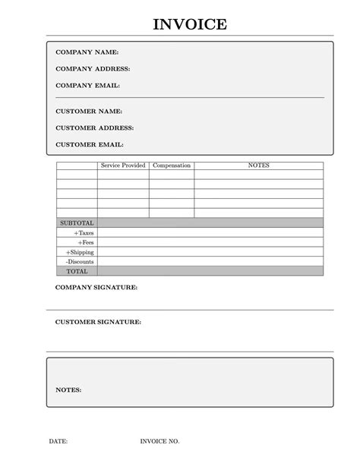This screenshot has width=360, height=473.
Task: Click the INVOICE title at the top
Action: (x=189, y=24)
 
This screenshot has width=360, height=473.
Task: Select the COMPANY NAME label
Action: (x=87, y=52)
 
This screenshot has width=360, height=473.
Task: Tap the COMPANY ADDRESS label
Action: (x=93, y=69)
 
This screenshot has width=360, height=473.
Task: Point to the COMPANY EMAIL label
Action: (x=88, y=86)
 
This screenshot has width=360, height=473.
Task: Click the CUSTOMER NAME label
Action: (x=89, y=112)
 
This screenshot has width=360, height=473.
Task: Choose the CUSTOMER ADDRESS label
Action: (x=95, y=128)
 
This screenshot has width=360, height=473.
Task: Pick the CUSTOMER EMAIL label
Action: (x=90, y=144)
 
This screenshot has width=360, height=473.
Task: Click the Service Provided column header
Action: (x=123, y=166)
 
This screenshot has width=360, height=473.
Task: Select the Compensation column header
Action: (x=172, y=166)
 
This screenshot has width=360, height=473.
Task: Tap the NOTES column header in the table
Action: (x=259, y=166)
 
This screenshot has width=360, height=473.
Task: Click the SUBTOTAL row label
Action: (x=77, y=223)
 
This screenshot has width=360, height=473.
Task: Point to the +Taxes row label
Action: (x=82, y=233)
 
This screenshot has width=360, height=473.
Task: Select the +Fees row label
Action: (x=85, y=242)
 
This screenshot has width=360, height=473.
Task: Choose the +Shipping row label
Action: (x=80, y=252)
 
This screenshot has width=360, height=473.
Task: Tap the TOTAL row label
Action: (x=77, y=271)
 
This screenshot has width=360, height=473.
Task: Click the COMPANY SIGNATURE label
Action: (x=96, y=289)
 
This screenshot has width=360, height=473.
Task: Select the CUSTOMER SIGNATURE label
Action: (x=98, y=323)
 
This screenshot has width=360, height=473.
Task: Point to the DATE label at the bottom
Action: (x=58, y=441)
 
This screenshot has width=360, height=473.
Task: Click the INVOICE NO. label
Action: (x=159, y=441)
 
